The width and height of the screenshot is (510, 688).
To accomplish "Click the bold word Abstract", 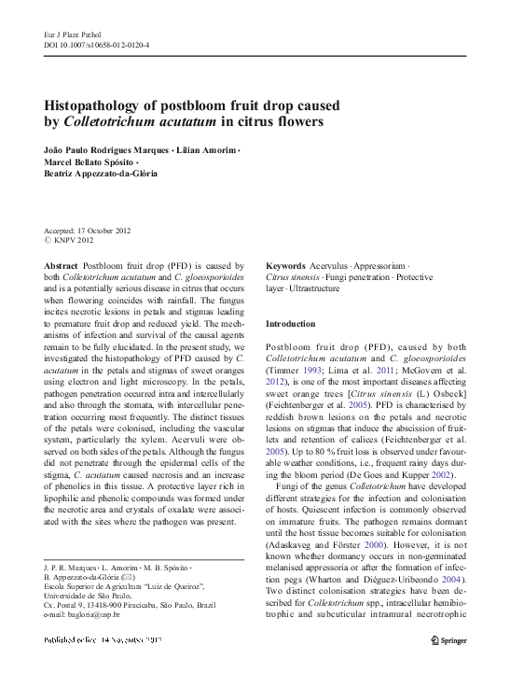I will [x=61, y=266].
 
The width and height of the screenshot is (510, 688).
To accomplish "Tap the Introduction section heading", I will [x=291, y=323].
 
